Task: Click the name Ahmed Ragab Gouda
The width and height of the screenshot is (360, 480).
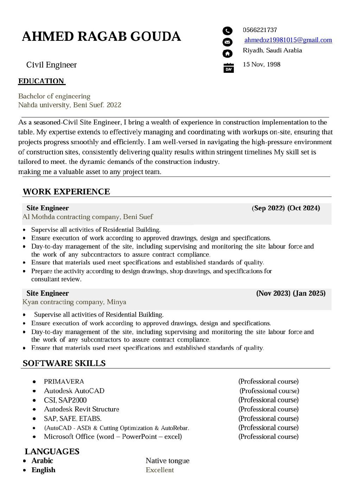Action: (x=101, y=37)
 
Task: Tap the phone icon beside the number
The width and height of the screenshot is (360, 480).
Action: (x=227, y=31)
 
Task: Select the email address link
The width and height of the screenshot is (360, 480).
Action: (x=288, y=40)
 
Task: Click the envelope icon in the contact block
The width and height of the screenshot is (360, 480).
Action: (x=227, y=42)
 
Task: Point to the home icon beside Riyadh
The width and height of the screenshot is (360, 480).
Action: (x=227, y=53)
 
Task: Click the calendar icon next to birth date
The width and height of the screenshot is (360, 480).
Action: (x=229, y=68)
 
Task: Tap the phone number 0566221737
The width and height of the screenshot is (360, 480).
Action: (x=260, y=30)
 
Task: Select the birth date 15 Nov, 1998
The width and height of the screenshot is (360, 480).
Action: (x=262, y=64)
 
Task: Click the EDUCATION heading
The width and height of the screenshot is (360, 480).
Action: (x=41, y=81)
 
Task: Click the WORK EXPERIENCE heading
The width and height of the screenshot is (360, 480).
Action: (x=66, y=192)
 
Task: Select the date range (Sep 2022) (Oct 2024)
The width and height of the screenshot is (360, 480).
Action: (x=286, y=208)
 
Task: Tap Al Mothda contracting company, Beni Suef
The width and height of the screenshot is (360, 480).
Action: (x=88, y=217)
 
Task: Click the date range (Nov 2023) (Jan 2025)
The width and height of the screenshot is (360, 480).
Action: (x=291, y=293)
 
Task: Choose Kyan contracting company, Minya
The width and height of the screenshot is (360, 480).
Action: (x=74, y=302)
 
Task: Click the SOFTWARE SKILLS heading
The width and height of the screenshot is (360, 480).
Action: (x=64, y=363)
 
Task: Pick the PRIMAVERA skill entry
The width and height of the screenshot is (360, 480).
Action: (x=64, y=382)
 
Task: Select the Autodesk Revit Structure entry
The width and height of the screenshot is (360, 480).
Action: (x=82, y=409)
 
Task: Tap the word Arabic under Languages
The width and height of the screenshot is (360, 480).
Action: (x=42, y=461)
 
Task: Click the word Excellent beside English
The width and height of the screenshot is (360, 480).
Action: (x=160, y=470)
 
